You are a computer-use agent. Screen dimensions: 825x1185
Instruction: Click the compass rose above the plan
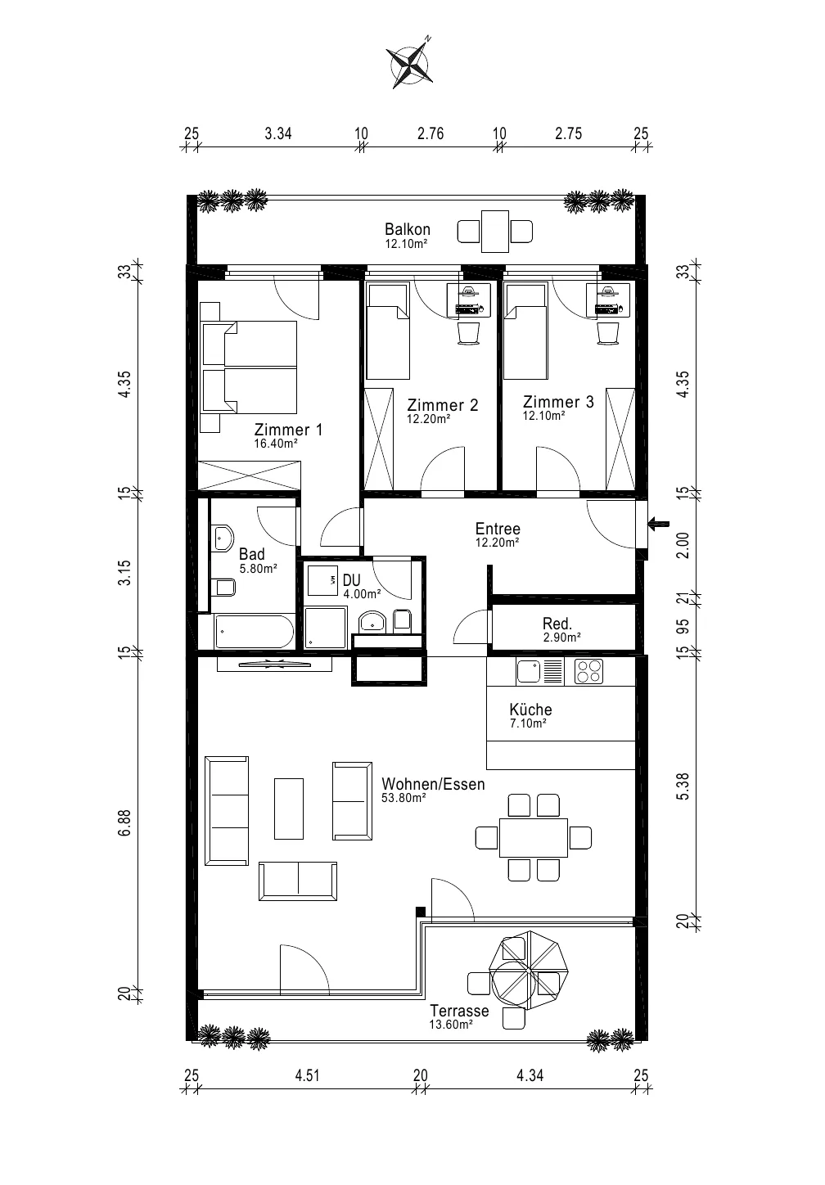(x=411, y=65)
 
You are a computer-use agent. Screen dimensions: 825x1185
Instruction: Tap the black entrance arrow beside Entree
(x=658, y=525)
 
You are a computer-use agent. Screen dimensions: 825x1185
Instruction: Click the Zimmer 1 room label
(x=288, y=430)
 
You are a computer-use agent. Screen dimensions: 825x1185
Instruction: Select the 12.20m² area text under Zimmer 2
(x=428, y=419)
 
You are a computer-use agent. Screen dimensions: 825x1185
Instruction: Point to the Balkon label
(x=408, y=230)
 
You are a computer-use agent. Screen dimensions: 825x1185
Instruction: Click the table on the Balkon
(x=495, y=232)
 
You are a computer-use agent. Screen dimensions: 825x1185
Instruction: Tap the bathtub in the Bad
(x=254, y=632)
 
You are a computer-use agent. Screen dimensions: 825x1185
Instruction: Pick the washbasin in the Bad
(x=223, y=538)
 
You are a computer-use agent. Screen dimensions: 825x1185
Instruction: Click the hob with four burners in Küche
(x=588, y=672)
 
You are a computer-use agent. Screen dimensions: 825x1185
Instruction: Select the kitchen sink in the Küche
(x=529, y=672)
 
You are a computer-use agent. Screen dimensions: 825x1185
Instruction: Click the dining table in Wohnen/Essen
(x=534, y=838)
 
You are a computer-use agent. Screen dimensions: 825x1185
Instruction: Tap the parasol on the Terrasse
(x=529, y=971)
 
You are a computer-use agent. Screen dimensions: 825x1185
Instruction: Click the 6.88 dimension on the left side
(x=124, y=823)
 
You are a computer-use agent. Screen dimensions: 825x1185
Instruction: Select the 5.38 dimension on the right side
(x=683, y=786)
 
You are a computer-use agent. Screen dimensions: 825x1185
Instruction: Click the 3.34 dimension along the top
(x=278, y=133)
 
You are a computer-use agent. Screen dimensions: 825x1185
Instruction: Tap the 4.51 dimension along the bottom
(x=308, y=1075)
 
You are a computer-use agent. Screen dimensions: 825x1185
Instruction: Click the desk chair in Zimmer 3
(x=607, y=334)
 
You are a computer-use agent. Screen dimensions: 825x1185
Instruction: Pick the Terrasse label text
(x=459, y=1011)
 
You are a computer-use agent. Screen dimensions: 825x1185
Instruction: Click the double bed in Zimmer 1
(x=250, y=367)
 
